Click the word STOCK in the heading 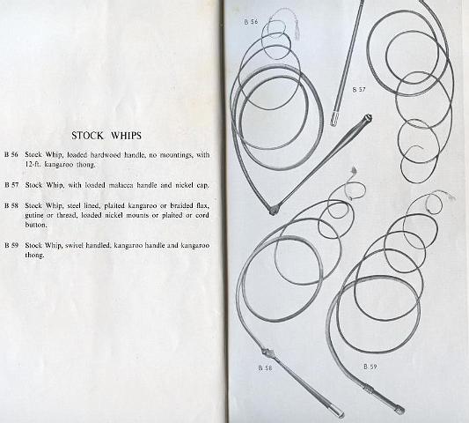click(88, 135)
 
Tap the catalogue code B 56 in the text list click(11, 154)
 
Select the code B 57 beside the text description click(11, 185)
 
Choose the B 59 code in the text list click(11, 244)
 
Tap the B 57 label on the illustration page click(358, 90)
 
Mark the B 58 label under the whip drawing click(264, 367)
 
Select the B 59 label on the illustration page click(370, 364)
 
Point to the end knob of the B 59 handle click(400, 410)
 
